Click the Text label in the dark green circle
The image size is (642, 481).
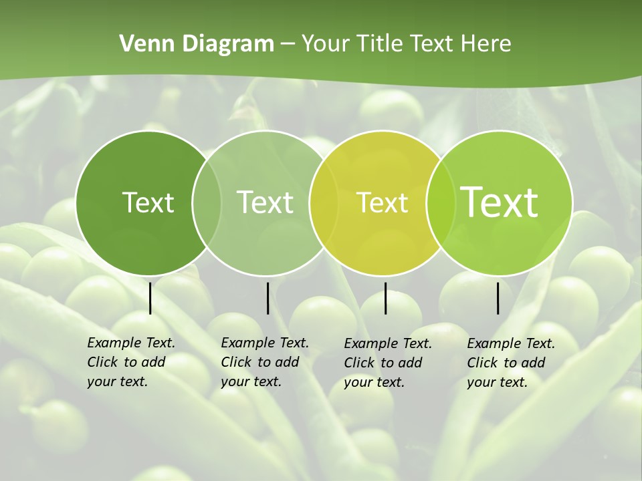(x=148, y=202)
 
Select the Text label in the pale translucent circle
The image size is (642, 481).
(x=265, y=202)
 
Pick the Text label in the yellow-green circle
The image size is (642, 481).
(x=382, y=202)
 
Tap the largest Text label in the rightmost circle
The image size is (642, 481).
(x=499, y=202)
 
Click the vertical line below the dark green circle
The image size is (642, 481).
(x=150, y=298)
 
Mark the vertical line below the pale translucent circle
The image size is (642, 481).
(x=267, y=298)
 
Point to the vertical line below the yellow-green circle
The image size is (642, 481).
(x=385, y=298)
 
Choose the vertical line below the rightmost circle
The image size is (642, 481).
(x=498, y=298)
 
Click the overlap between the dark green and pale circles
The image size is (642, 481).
(x=207, y=202)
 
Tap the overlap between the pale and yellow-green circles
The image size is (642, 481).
(x=324, y=202)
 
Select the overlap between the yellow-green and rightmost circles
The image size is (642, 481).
(x=439, y=202)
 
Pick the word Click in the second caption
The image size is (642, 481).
(x=235, y=362)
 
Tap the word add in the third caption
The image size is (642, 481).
(x=410, y=363)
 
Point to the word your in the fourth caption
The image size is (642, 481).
(x=479, y=382)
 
